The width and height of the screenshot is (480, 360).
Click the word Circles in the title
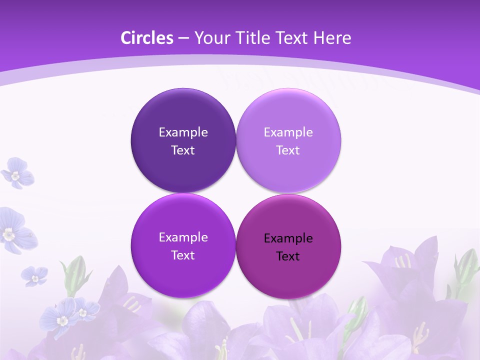pos(147,38)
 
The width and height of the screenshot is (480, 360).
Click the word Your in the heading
pos(210,38)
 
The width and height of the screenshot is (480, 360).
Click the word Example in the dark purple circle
pos(183,132)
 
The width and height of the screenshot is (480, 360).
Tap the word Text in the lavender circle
pos(288,150)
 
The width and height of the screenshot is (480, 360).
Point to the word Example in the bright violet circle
pos(183,237)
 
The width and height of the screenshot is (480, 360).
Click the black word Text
pos(288,256)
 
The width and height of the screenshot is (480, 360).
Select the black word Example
pos(288,238)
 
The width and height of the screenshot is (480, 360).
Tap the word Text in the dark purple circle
pos(183,150)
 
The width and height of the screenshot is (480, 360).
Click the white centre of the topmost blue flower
pos(15,175)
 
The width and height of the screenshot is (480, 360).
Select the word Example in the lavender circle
pos(288,132)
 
